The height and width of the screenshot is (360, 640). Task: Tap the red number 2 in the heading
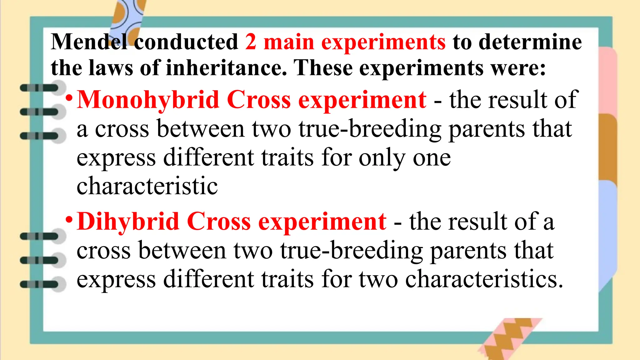click(251, 42)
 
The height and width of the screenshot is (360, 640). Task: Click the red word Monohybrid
click(148, 100)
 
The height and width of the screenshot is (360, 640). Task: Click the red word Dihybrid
click(128, 222)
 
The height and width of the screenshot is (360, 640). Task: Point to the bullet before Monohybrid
click(69, 99)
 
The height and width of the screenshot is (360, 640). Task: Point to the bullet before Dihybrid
click(69, 220)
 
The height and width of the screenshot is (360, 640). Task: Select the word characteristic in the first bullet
click(147, 186)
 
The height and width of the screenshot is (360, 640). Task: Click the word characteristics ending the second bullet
click(481, 279)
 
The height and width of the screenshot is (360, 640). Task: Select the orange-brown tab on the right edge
click(608, 147)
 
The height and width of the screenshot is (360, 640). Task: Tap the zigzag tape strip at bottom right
click(509, 339)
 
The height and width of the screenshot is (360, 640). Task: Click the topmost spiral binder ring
click(42, 88)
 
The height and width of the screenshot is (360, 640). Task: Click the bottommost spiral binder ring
click(42, 284)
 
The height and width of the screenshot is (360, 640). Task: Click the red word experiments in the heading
click(383, 42)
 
